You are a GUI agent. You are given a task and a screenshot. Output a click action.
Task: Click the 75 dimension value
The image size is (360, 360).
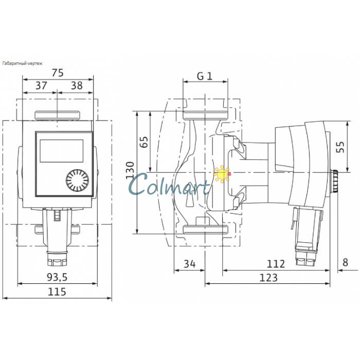(x=58, y=73)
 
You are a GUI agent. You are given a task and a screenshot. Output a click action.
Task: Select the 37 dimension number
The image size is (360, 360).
(x=41, y=86)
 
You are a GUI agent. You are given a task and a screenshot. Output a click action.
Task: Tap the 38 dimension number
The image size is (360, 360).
(x=77, y=86)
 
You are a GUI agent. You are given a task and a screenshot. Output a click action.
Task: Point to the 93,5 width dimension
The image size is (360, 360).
(x=57, y=277)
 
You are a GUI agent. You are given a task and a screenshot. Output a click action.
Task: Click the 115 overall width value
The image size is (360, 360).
(x=57, y=292)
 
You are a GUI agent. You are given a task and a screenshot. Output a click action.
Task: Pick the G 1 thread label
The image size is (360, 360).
(x=205, y=76)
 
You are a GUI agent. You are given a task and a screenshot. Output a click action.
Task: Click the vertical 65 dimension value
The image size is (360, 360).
(x=144, y=142)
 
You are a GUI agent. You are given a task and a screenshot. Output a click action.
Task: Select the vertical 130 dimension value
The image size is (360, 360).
(x=130, y=170)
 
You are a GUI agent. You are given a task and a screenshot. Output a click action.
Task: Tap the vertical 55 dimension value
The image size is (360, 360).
(x=340, y=147)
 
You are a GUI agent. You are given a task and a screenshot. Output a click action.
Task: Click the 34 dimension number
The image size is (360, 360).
(x=190, y=264)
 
